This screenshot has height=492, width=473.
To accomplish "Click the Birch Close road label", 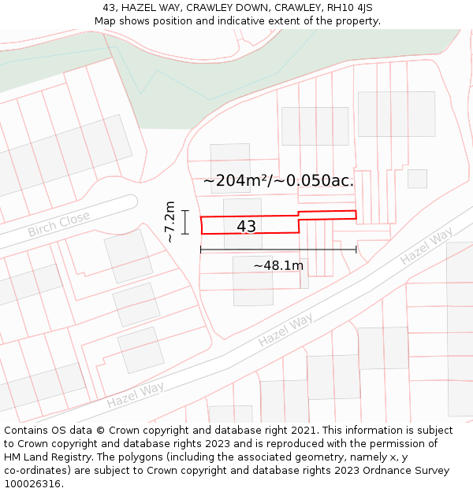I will pyautogui.click(x=59, y=224).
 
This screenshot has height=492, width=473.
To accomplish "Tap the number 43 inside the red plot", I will pyautogui.click(x=246, y=227).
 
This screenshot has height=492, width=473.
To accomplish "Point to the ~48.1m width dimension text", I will pyautogui.click(x=278, y=265).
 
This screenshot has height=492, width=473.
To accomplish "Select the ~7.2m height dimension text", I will pyautogui.click(x=169, y=222).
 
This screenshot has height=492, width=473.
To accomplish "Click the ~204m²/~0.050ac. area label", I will pyautogui.click(x=278, y=180).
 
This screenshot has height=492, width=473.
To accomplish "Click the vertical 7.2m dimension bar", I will pyautogui.click(x=185, y=222).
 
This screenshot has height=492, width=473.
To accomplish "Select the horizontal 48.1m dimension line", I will pyautogui.click(x=278, y=250).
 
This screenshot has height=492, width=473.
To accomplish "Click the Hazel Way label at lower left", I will pyautogui.click(x=136, y=394).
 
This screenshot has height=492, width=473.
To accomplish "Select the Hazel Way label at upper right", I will pyautogui.click(x=426, y=246).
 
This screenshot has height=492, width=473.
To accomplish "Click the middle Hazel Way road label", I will pyautogui.click(x=285, y=329).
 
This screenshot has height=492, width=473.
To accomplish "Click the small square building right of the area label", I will pyautogui.click(x=417, y=179).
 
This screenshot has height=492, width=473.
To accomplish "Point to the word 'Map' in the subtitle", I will pyautogui.click(x=105, y=21).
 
